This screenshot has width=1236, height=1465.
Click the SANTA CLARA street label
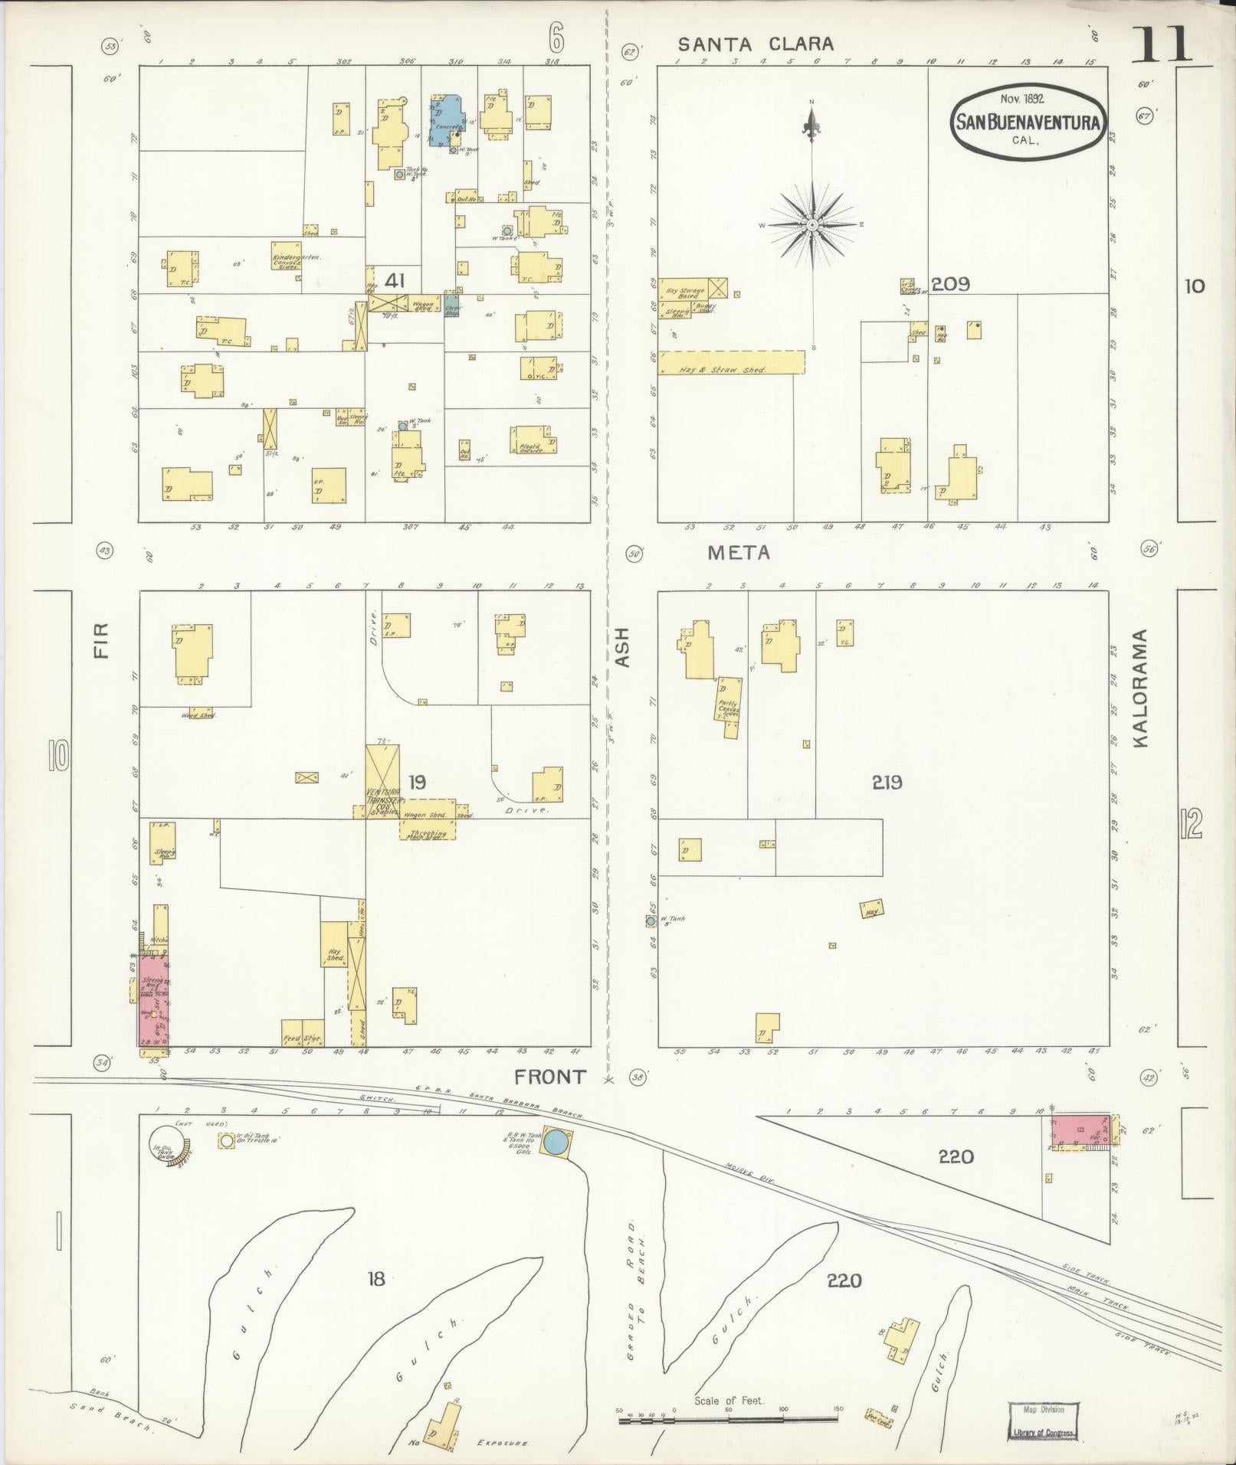pyautogui.click(x=755, y=44)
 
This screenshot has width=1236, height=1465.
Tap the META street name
pyautogui.click(x=738, y=552)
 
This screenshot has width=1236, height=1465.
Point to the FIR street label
pyautogui.click(x=101, y=640)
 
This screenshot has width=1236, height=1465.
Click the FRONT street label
pyautogui.click(x=549, y=1076)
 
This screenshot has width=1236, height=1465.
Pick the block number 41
pyautogui.click(x=395, y=281)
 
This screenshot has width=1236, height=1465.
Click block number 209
pyautogui.click(x=952, y=284)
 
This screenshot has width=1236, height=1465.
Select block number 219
pyautogui.click(x=887, y=782)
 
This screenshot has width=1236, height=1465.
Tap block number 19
pyautogui.click(x=417, y=782)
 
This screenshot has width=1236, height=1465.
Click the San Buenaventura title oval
pyautogui.click(x=1028, y=121)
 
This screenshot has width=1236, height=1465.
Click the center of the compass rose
pyautogui.click(x=811, y=225)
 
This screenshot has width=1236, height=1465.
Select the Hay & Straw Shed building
pyautogui.click(x=732, y=362)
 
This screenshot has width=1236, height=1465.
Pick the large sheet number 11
pyautogui.click(x=1162, y=44)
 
